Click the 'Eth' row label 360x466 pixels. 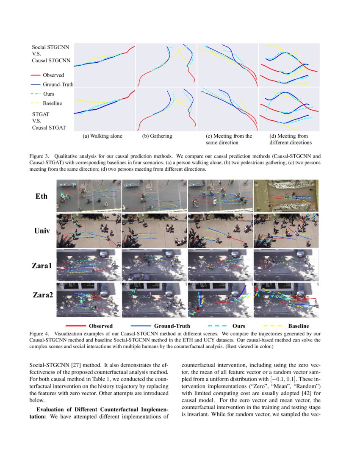(x=41, y=196)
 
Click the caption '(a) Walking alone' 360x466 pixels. (x=102, y=136)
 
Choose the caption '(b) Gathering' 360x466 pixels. (x=157, y=136)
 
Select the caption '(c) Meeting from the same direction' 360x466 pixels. (x=229, y=139)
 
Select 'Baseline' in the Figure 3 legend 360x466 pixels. (x=53, y=103)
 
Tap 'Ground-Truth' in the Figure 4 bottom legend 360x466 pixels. (x=172, y=326)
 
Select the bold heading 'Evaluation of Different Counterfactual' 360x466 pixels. (x=102, y=410)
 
